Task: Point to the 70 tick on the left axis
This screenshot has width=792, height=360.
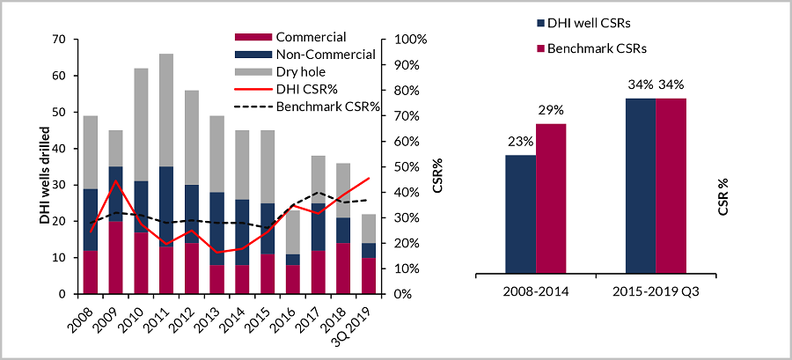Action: point(60,40)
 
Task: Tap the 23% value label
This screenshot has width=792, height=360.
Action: point(520,142)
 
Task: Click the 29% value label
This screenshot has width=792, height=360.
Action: point(552,110)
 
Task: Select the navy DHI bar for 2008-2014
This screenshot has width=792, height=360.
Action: point(520,215)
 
